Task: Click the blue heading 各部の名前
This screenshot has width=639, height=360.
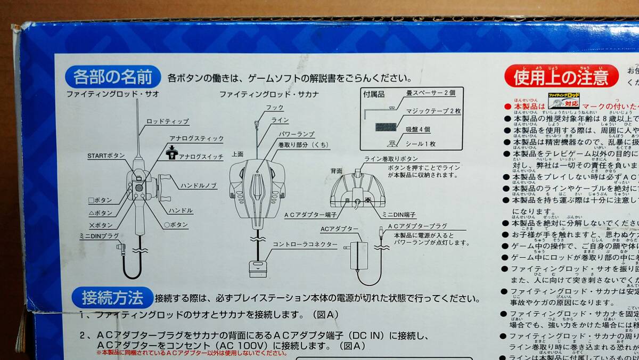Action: (x=112, y=77)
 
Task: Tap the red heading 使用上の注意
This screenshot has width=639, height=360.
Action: (x=561, y=78)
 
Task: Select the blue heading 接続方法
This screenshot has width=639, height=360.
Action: (x=112, y=297)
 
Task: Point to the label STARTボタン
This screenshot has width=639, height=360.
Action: (x=106, y=156)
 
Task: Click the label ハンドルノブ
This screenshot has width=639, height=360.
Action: (x=198, y=185)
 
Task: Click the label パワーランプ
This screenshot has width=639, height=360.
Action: (x=296, y=134)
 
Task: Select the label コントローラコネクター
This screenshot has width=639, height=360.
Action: (x=305, y=244)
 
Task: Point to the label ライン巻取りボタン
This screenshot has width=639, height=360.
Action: (x=391, y=159)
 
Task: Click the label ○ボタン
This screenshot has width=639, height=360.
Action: (x=176, y=225)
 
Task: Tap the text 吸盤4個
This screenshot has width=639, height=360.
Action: (x=418, y=130)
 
